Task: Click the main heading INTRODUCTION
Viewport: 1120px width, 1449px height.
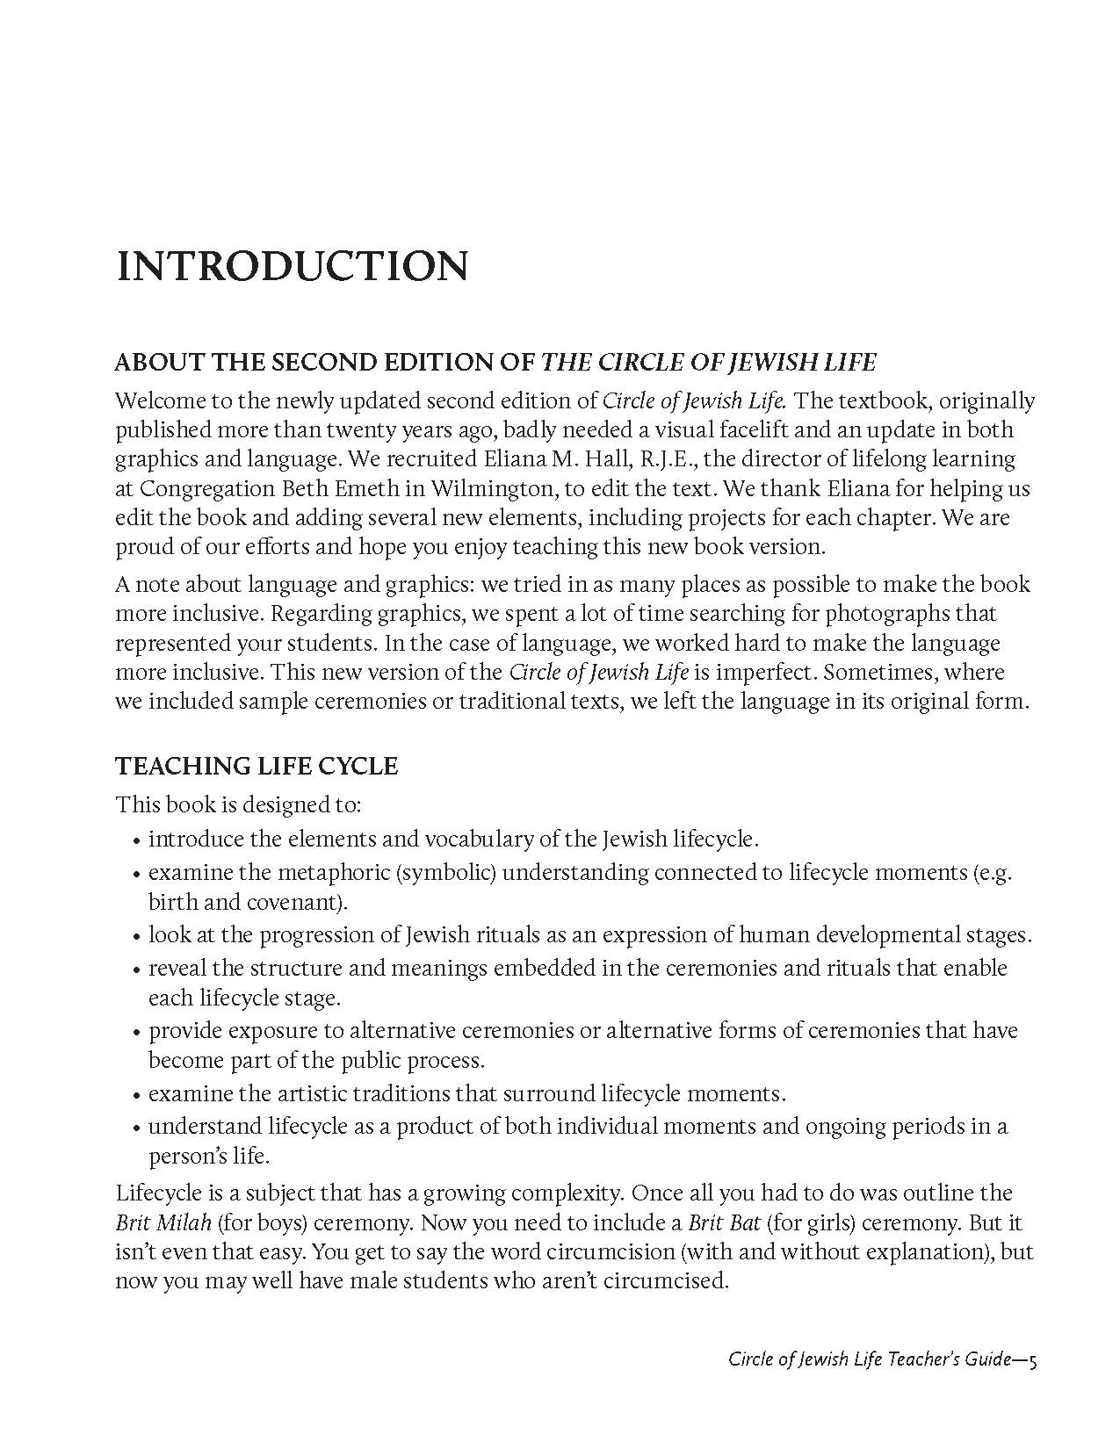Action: click(291, 267)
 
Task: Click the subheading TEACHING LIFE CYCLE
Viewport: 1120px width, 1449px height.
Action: click(257, 766)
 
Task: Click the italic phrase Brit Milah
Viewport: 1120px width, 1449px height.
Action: click(163, 1222)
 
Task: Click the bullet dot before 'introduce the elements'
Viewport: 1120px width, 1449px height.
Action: click(136, 841)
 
